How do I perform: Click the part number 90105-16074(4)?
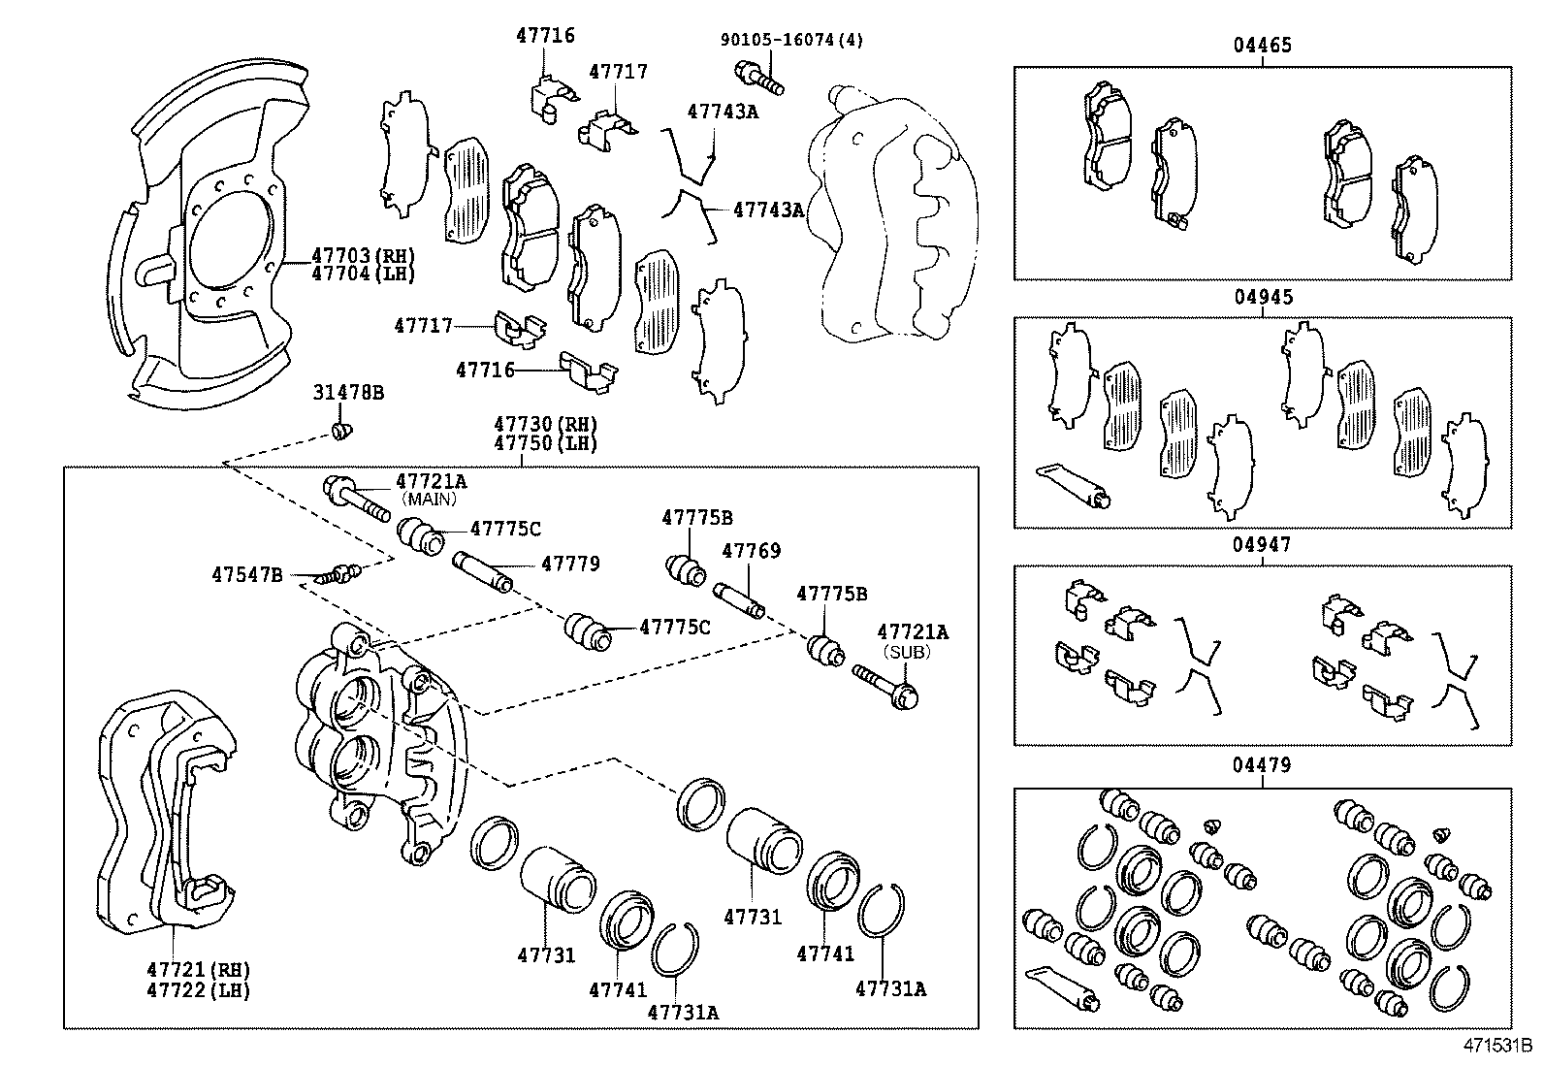tap(791, 40)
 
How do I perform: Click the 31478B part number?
tap(348, 393)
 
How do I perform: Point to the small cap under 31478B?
tap(340, 429)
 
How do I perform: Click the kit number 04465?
tap(1262, 46)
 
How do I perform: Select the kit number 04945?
tap(1263, 297)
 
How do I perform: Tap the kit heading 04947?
tap(1262, 545)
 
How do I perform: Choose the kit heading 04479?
tap(1262, 765)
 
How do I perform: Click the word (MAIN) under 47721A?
tap(430, 499)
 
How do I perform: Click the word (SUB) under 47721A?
tap(909, 652)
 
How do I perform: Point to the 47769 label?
tap(751, 551)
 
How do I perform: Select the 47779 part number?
tap(570, 564)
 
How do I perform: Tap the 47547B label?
tap(247, 575)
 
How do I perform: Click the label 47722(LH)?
tap(198, 990)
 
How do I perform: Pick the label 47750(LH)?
tap(545, 443)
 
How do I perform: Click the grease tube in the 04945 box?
tap(1073, 484)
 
